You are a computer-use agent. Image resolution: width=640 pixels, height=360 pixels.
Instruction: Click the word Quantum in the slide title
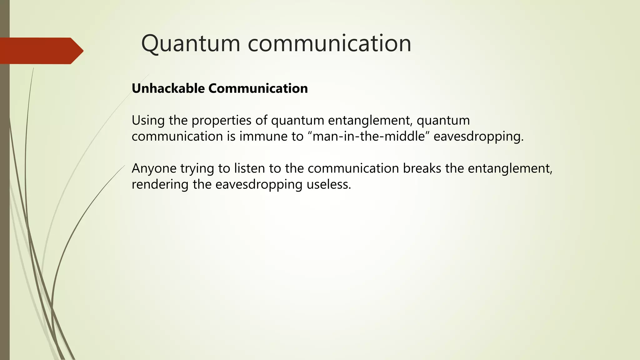(191, 43)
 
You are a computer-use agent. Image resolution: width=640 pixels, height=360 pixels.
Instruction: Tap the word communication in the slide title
(329, 43)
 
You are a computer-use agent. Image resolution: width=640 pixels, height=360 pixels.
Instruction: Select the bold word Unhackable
(168, 88)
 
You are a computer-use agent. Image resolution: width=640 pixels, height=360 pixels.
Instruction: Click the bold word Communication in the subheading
(258, 88)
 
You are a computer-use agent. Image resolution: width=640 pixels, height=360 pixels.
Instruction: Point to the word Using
(148, 120)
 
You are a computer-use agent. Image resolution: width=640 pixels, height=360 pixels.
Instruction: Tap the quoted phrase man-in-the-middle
(369, 136)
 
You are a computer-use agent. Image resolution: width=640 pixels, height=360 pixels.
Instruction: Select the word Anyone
(154, 168)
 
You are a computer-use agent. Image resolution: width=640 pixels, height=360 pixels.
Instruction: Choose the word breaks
(422, 168)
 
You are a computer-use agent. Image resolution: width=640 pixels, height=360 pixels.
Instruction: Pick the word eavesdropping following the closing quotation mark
(478, 137)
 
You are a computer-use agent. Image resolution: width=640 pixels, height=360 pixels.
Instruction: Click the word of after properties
(261, 120)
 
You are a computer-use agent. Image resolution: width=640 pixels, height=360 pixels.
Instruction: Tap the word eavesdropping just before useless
(259, 185)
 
